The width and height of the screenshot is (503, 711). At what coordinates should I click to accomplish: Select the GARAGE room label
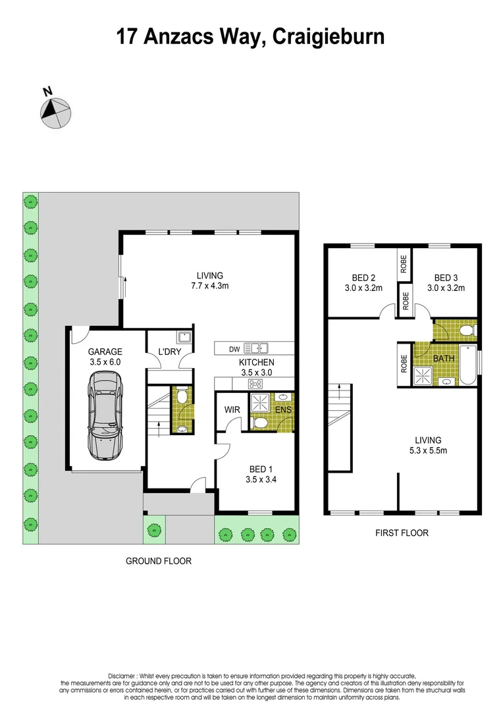(105, 352)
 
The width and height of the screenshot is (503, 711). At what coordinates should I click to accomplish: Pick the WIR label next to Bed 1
(232, 409)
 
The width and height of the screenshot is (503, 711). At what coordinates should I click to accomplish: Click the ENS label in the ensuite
(283, 410)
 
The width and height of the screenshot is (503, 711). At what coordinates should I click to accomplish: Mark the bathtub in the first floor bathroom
(467, 364)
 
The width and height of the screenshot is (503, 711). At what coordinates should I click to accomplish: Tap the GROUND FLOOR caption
(159, 561)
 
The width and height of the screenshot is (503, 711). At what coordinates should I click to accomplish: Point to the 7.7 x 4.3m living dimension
(210, 286)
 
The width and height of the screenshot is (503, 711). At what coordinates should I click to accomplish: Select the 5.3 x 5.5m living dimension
(427, 450)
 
